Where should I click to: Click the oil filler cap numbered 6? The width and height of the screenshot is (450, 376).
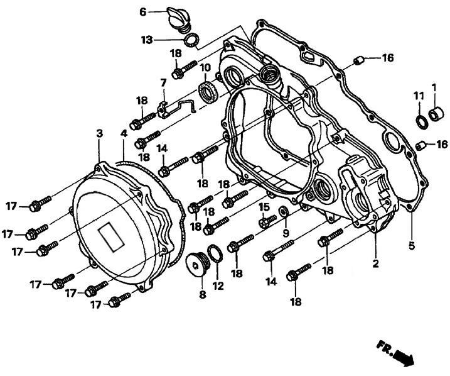[x=178, y=19]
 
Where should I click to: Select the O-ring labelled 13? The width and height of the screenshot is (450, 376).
[x=191, y=40]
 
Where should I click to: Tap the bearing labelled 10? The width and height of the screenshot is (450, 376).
[x=208, y=91]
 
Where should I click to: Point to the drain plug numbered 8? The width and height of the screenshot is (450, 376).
[x=198, y=264]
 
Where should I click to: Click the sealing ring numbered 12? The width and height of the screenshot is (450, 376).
[x=217, y=253]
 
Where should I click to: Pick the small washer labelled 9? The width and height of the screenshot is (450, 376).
[x=284, y=211]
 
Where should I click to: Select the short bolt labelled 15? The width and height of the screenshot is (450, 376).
[x=267, y=221]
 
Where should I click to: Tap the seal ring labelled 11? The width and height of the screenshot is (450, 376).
[x=422, y=121]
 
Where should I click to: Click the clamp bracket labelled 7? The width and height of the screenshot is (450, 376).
[x=175, y=108]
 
